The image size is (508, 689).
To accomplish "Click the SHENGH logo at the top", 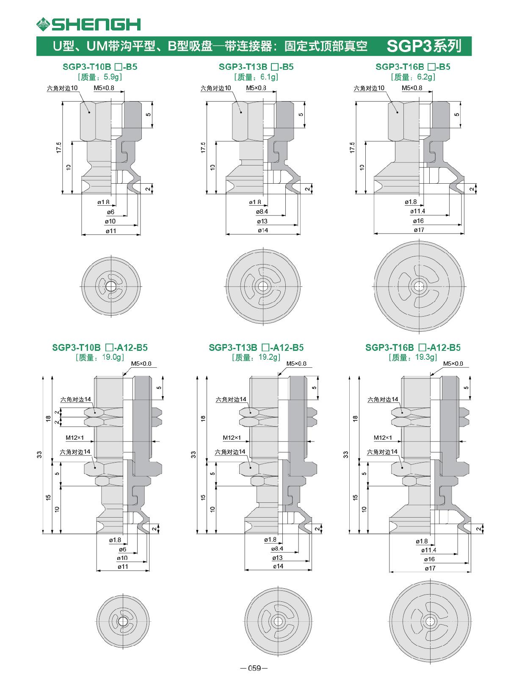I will click(88, 24).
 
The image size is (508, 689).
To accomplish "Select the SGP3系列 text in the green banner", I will click(424, 46).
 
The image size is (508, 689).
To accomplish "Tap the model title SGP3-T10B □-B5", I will click(100, 67).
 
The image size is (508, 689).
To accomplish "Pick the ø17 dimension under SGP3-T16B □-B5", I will click(419, 230).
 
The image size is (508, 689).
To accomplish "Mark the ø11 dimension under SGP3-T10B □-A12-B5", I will click(123, 567).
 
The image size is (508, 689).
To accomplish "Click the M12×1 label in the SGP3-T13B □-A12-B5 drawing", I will click(232, 438).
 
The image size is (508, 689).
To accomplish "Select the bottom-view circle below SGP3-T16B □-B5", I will click(418, 287).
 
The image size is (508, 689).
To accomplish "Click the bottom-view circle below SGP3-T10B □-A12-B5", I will click(123, 621).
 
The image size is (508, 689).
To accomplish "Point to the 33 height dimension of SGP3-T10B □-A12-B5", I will click(39, 455).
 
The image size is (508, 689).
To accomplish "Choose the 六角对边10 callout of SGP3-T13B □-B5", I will click(216, 88).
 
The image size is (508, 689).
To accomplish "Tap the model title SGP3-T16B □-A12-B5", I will click(413, 348).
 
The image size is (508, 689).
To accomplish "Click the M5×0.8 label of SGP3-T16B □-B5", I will click(412, 88).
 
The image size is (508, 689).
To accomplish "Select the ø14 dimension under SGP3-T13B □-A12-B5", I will click(278, 566).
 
